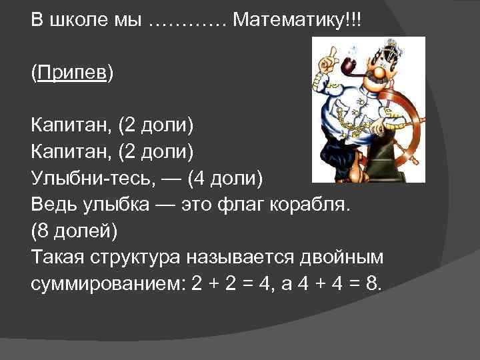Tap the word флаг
(x=256, y=205)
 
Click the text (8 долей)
(x=74, y=232)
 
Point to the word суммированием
(x=106, y=285)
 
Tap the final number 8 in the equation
(x=373, y=285)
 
